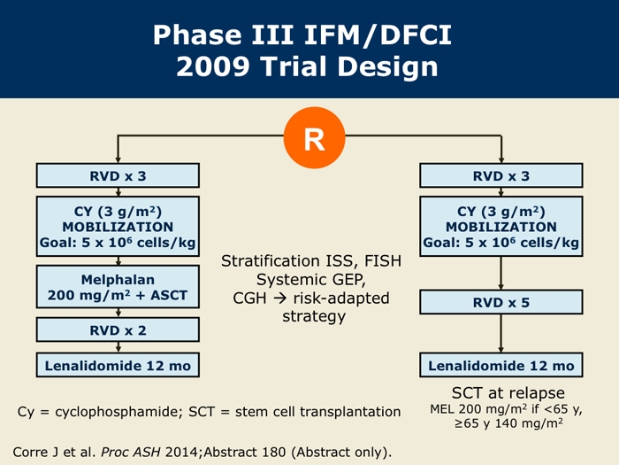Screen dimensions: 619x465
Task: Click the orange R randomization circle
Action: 314,137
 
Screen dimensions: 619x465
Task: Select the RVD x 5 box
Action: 501,303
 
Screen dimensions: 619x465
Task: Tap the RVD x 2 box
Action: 118,330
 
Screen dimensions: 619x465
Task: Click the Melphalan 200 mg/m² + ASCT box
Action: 118,287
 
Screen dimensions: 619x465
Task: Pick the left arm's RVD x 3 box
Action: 118,175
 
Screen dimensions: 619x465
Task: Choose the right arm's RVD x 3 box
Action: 501,175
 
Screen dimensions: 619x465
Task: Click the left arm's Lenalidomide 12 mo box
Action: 118,365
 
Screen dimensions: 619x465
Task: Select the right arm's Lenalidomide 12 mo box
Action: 501,365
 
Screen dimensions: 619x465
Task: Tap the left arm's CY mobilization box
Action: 118,227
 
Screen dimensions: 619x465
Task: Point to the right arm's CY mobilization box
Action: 501,227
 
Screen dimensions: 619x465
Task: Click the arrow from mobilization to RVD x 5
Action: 501,273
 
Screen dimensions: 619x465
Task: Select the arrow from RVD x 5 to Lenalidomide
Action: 501,334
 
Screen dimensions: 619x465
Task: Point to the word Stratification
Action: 271,261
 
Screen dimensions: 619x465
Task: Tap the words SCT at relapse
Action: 508,393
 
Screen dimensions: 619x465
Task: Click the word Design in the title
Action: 387,66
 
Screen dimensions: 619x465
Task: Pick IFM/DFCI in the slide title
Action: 378,35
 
